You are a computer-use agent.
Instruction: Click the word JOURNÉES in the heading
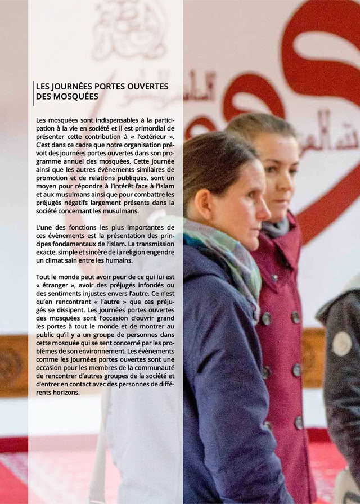[x=71, y=87]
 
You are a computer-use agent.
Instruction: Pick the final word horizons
[x=64, y=393]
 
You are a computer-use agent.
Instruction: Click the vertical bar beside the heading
[x=33, y=92]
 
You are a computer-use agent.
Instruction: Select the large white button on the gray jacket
[x=342, y=344]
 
